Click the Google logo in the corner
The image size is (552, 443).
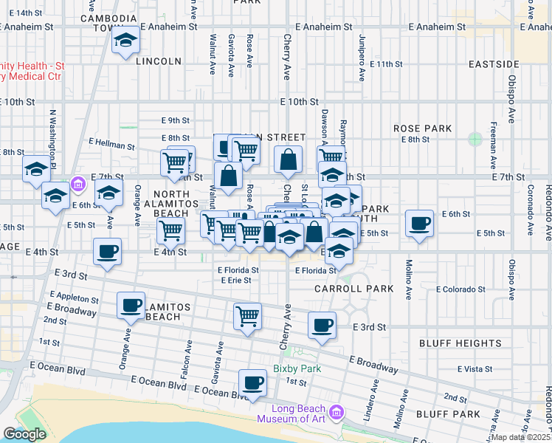pos(24,434)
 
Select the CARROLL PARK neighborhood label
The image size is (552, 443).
pos(354,289)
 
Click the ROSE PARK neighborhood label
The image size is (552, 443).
pos(422,128)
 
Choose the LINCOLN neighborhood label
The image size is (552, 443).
pos(159,61)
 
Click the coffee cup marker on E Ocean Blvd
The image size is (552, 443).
pos(252,383)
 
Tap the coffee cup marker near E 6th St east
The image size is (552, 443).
pos(419,223)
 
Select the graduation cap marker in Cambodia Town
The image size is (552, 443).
pos(126,41)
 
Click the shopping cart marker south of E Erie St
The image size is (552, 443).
pos(247,317)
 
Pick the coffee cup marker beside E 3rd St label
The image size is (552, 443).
pos(322,326)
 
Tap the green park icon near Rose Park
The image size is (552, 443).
pos(475,138)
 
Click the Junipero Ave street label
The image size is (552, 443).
pos(362,58)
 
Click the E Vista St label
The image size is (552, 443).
pos(475,368)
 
